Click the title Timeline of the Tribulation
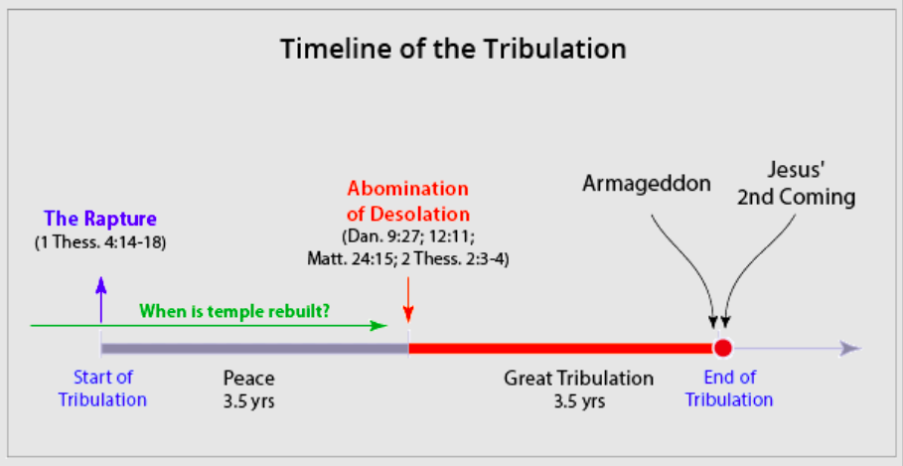click(453, 50)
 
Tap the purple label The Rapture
click(100, 219)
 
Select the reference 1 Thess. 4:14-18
click(100, 242)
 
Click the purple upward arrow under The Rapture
click(100, 299)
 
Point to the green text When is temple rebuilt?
click(235, 312)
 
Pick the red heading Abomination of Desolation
click(408, 202)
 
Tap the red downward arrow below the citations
click(407, 299)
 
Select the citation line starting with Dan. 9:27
click(407, 236)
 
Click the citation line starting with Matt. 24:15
click(407, 259)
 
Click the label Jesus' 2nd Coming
click(797, 185)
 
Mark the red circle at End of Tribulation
click(722, 348)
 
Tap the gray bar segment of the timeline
click(254, 348)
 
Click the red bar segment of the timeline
click(560, 348)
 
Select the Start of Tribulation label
click(102, 388)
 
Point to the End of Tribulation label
click(729, 388)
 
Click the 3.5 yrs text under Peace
click(248, 400)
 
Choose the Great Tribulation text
click(579, 379)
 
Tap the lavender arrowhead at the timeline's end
click(850, 349)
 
